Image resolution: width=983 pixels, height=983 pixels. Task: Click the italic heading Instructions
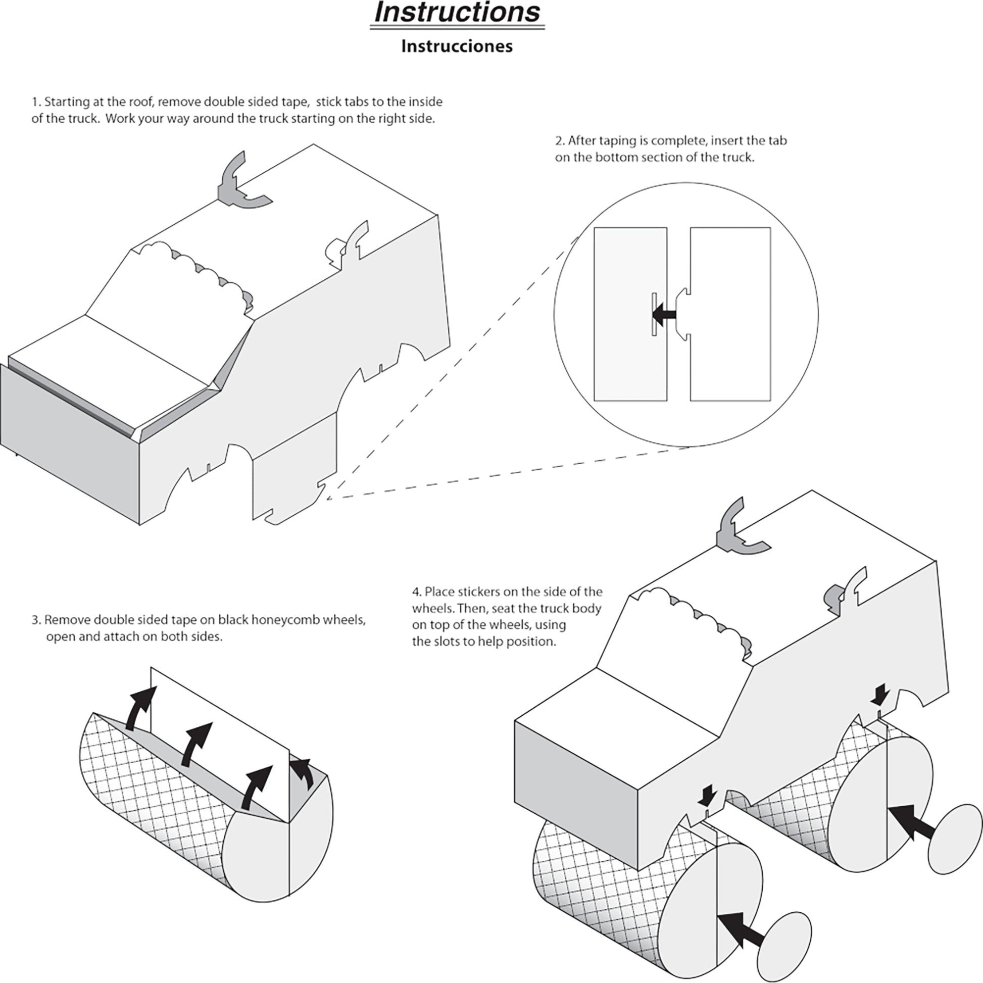point(457,13)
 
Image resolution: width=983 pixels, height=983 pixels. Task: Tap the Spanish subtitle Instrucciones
point(457,46)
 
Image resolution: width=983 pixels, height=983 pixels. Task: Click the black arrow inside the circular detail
point(664,315)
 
